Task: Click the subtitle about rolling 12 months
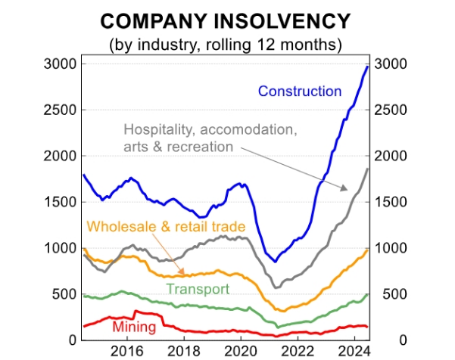pos(226,44)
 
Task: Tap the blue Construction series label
pos(300,92)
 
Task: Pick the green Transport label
pos(198,289)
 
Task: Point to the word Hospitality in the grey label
pos(155,130)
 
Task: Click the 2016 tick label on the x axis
pos(126,351)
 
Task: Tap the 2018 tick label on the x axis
pos(184,351)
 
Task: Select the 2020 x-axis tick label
pos(241,351)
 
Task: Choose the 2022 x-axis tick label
pos(298,351)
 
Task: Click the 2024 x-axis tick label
pos(354,351)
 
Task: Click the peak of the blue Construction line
pos(367,67)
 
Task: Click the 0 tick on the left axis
pos(70,340)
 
